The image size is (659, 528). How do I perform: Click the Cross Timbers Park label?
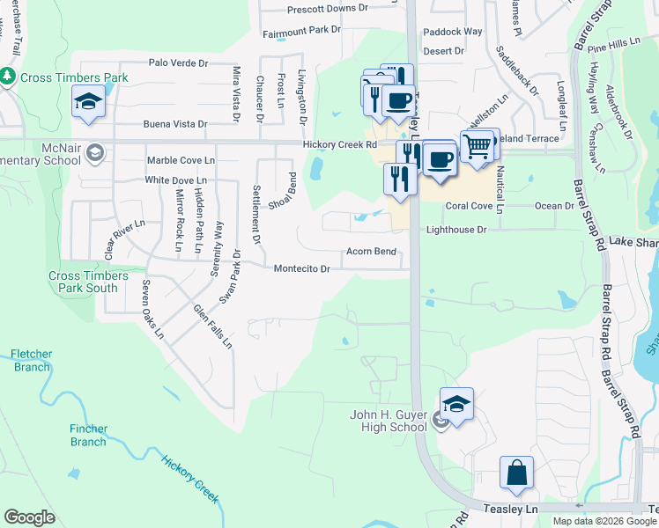(74, 77)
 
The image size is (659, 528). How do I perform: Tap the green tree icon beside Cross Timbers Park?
(10, 77)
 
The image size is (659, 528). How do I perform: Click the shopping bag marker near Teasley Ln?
(516, 473)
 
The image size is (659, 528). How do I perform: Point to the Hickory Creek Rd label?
(339, 144)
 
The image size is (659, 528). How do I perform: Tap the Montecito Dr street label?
(301, 268)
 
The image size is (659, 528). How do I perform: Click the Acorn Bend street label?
(370, 251)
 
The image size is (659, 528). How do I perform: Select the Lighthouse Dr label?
(456, 229)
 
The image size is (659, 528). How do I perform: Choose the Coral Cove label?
(468, 206)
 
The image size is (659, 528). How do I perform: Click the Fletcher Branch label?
(31, 360)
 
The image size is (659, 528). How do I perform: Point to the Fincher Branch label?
(88, 436)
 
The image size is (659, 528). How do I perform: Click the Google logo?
(29, 517)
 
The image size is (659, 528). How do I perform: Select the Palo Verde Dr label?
(178, 63)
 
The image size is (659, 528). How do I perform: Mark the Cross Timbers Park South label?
(83, 282)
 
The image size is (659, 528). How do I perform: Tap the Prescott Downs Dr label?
(328, 9)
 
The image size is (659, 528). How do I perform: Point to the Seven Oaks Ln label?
(152, 309)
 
